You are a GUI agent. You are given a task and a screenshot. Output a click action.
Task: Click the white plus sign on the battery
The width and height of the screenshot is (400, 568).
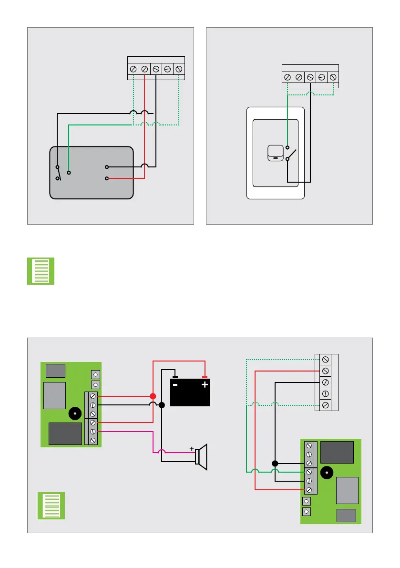coord(205,384)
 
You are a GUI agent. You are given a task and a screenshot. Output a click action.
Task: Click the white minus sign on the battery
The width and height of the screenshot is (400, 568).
coord(175,384)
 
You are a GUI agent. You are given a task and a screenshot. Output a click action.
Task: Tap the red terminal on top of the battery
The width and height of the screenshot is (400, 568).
coord(205,377)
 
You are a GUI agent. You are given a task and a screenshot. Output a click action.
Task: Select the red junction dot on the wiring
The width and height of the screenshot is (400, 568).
coord(153,396)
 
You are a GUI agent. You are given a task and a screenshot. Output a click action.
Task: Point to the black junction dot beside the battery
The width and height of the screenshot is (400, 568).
coord(162,405)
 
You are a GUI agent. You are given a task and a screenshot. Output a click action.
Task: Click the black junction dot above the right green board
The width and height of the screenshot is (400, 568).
coord(275,463)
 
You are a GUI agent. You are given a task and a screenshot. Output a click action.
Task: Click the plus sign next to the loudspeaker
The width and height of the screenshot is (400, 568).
coord(192,449)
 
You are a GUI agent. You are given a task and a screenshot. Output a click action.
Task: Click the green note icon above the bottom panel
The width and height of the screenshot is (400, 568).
coord(41,271)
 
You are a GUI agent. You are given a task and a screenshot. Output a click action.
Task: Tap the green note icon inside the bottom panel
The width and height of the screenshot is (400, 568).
coord(51,506)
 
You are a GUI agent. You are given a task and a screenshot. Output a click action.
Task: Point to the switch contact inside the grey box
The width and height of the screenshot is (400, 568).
coord(58,173)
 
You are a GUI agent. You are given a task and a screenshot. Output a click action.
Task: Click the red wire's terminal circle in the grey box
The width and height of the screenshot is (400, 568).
coord(107,178)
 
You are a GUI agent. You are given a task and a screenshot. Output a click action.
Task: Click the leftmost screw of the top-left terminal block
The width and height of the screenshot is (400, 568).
coord(133,69)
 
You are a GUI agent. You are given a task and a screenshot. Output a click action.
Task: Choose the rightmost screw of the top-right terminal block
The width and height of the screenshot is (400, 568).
coord(333,77)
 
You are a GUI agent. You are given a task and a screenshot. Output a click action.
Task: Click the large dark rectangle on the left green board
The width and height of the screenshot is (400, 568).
coord(65,434)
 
